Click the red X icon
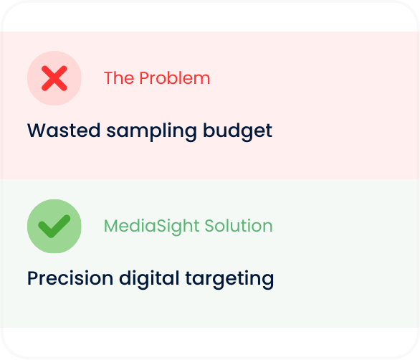54,78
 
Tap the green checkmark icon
54,227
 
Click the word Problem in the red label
175,78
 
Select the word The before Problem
118,78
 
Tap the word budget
238,131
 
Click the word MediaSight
152,227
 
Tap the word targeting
234,278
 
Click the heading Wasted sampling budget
150,131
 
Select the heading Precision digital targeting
151,278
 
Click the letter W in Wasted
35,131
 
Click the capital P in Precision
32,278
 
